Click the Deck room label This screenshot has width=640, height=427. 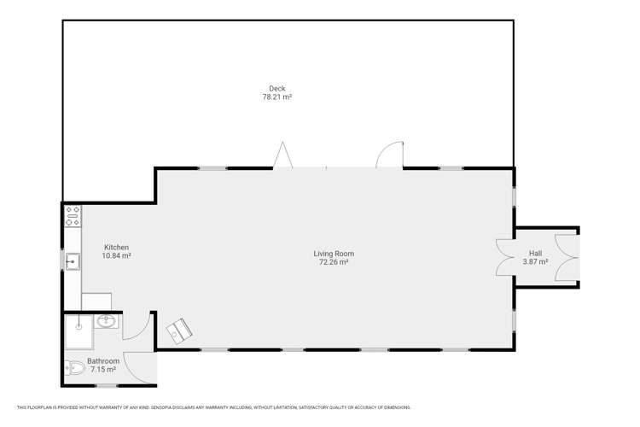pos(276,88)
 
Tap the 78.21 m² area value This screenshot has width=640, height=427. pos(276,97)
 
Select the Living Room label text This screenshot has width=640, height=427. pos(333,254)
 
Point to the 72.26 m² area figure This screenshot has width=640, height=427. pos(333,262)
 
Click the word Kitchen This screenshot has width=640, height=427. pos(116,247)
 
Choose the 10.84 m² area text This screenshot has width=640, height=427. pos(116,255)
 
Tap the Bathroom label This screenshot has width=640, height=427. pos(103,361)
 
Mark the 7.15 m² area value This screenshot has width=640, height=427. pos(103,370)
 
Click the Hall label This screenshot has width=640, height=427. pos(535,254)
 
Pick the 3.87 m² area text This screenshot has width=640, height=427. pos(535,262)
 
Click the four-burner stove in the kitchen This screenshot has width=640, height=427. pos(73,215)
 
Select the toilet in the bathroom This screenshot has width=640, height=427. pos(73,368)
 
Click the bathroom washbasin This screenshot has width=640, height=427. pos(108,322)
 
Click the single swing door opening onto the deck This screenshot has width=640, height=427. pos(388,155)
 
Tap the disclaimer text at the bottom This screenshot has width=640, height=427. pos(213,407)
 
